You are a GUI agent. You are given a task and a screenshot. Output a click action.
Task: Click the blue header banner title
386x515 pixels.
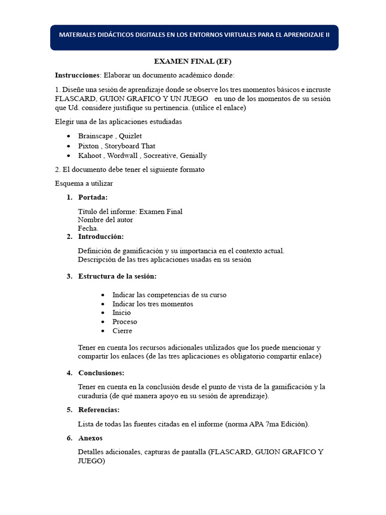click(194, 35)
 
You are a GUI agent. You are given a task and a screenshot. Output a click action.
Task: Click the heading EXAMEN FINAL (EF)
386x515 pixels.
click(192, 61)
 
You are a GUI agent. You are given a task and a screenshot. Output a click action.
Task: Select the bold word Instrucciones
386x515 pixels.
click(77, 75)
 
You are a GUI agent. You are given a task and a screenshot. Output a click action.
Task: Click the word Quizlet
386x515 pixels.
click(130, 136)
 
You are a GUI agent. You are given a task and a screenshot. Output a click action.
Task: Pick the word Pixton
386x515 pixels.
click(88, 146)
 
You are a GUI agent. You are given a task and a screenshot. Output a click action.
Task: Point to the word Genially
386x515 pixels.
click(189, 155)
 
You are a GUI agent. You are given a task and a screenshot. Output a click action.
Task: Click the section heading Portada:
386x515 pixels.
click(93, 197)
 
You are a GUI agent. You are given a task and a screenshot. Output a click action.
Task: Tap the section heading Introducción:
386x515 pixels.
click(101, 236)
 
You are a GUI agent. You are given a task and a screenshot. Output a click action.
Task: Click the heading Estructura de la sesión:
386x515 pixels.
click(117, 276)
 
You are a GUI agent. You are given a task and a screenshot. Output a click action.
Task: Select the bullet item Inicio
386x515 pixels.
click(122, 313)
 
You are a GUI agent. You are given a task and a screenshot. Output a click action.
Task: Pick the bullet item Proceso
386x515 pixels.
click(125, 322)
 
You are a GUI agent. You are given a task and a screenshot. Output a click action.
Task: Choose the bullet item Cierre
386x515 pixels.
click(122, 331)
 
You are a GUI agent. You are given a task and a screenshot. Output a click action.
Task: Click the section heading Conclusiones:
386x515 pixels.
click(101, 373)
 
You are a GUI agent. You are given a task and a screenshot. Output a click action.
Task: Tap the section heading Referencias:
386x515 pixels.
click(99, 410)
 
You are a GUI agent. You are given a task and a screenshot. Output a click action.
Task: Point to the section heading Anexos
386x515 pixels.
click(90, 438)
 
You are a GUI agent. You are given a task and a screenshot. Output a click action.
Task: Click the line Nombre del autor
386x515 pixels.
click(106, 220)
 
